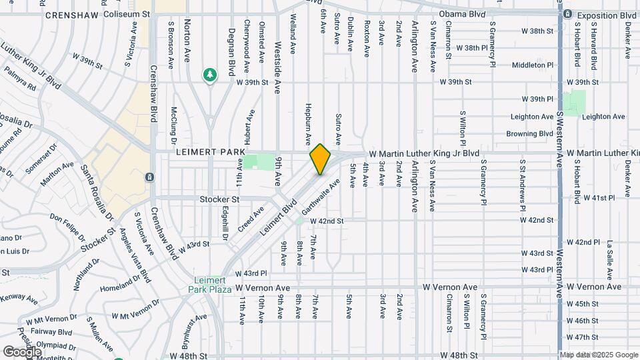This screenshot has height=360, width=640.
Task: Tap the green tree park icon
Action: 210,75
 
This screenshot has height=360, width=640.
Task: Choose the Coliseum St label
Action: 125,13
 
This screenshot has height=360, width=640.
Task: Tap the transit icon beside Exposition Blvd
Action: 567,14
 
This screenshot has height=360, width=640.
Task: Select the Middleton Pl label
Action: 533,65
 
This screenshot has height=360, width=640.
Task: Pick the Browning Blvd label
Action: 531,133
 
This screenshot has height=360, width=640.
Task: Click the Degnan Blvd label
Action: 231,51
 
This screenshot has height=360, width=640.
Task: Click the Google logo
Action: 22,351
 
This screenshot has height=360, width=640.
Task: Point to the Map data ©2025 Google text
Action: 598,355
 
